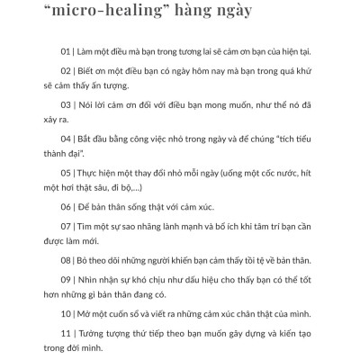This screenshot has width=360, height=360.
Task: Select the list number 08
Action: tap(64, 290)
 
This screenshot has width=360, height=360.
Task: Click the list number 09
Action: tap(64, 312)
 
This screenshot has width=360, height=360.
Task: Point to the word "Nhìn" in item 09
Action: tap(91, 312)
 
